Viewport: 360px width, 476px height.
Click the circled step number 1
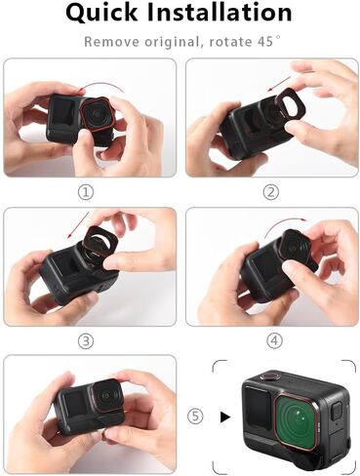coord(87,192)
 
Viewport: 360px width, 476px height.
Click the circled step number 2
coord(270,192)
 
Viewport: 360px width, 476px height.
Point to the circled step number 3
coord(87,340)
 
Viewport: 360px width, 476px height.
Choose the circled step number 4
coord(274,340)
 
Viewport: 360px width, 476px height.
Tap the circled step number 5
coord(195,416)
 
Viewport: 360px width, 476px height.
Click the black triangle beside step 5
coord(225,416)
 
